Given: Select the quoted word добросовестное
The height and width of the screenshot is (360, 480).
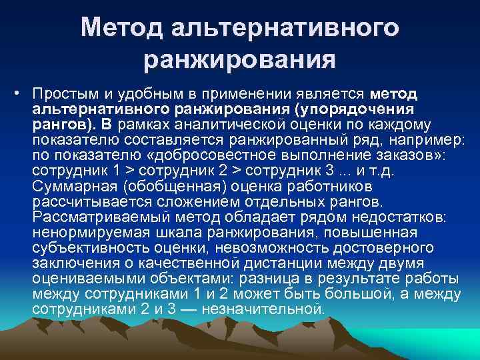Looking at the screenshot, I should tap(223, 155).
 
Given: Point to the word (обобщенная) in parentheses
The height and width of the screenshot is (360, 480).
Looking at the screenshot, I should tap(153, 185).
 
